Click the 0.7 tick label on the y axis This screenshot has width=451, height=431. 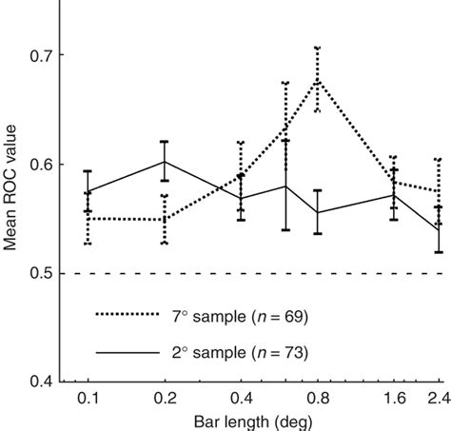pyautogui.click(x=37, y=55)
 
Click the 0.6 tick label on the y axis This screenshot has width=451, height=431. pyautogui.click(x=37, y=165)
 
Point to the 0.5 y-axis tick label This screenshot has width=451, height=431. pyautogui.click(x=37, y=274)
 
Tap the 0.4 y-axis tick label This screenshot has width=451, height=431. pyautogui.click(x=37, y=383)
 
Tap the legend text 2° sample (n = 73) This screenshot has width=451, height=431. pyautogui.click(x=244, y=353)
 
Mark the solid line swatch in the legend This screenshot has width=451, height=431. pyautogui.click(x=125, y=353)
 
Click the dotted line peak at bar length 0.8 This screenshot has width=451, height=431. pyautogui.click(x=317, y=81)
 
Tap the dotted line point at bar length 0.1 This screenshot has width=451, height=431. pyautogui.click(x=88, y=218)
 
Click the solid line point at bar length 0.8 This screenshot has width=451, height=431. pyautogui.click(x=317, y=212)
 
